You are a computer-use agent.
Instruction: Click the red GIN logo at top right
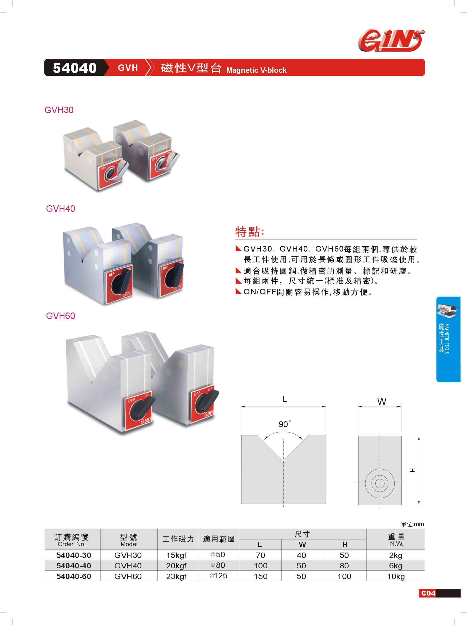click(391, 41)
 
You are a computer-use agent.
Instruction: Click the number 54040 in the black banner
click(75, 68)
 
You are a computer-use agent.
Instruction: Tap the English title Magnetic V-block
click(256, 70)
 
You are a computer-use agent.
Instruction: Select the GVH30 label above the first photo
click(59, 110)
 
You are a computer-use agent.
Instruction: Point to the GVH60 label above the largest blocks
click(60, 316)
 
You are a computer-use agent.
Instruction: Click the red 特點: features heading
click(250, 232)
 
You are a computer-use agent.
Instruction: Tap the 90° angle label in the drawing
click(284, 424)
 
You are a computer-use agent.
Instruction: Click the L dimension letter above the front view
click(285, 399)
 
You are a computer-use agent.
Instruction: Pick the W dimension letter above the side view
click(382, 402)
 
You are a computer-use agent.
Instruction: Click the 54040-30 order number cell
click(74, 555)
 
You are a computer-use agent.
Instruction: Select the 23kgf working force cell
click(176, 576)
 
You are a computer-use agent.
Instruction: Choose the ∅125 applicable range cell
click(218, 576)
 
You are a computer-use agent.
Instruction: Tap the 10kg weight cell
click(396, 577)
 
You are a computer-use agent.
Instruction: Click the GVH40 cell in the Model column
click(128, 566)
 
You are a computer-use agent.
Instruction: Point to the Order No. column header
click(71, 544)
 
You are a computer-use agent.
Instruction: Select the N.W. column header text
click(397, 543)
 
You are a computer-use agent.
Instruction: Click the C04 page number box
click(428, 593)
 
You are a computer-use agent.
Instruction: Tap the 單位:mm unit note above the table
click(412, 524)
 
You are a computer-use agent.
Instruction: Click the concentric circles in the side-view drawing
click(380, 483)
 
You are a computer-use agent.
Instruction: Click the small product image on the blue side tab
click(447, 311)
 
